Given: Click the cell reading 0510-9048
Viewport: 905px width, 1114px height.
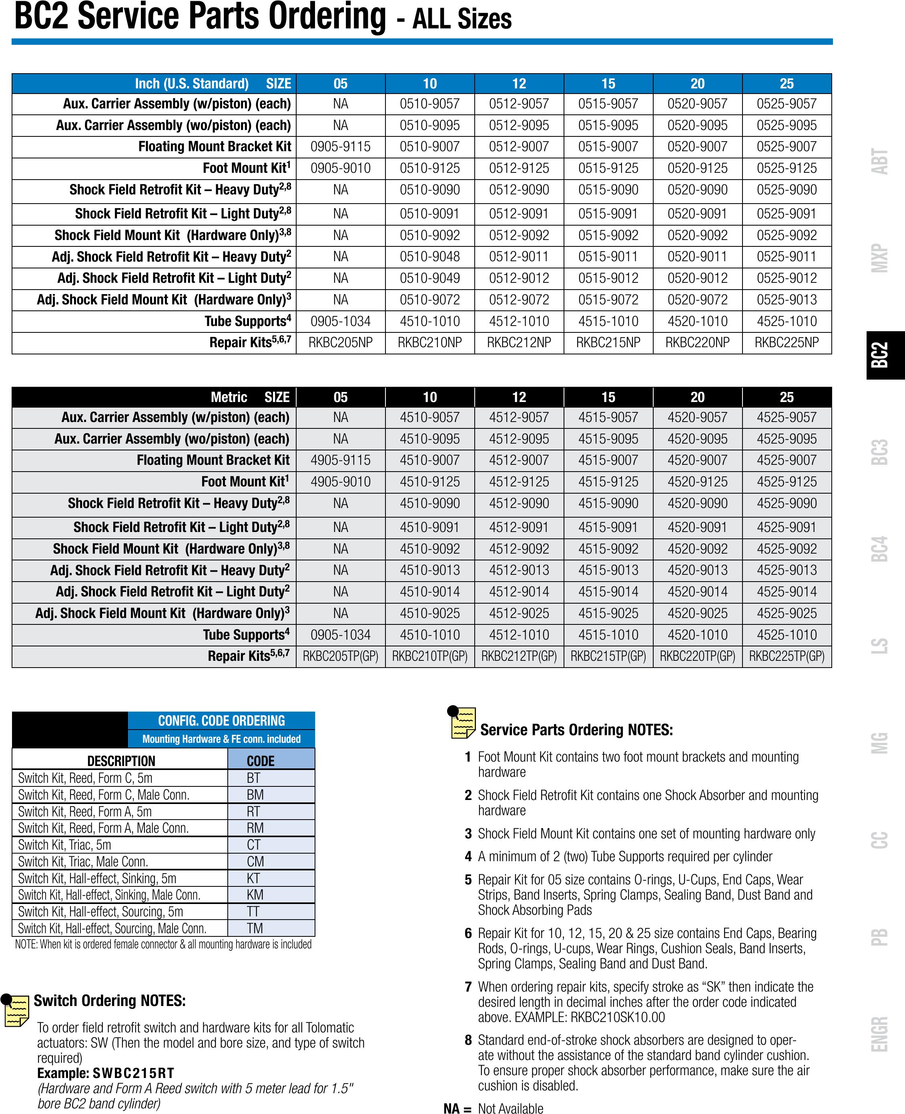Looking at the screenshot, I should point(429,257).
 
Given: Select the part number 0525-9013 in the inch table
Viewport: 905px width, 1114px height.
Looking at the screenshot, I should point(787,300).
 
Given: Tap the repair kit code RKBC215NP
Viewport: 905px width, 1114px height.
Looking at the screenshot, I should point(608,342).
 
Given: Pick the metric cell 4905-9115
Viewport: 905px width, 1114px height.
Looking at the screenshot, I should point(340,460).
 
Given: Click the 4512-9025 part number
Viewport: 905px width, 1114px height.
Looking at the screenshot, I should point(519,613).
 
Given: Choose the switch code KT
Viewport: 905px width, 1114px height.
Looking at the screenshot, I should point(253,878).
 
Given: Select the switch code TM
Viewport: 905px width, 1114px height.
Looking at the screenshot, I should point(255,928).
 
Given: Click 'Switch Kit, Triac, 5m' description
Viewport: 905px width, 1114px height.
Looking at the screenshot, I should point(65,845).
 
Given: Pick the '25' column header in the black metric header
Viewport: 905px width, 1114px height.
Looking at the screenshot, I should point(787,398).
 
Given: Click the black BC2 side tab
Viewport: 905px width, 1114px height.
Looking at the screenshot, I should point(885,355).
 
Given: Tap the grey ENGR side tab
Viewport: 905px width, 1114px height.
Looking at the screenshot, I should point(879,1034).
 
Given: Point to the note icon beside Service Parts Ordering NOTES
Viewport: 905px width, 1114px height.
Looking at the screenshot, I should point(462,723).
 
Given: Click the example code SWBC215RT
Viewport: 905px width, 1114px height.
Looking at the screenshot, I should point(133,1073).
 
